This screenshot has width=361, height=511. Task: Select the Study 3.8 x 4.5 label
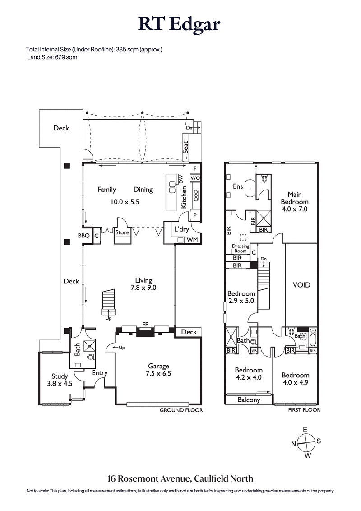click(x=60, y=380)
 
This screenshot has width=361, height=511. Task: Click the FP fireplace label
click(x=145, y=324)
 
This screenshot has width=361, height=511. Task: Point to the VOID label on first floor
click(x=302, y=285)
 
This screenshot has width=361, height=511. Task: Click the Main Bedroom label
click(x=294, y=202)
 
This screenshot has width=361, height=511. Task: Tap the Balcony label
click(x=249, y=400)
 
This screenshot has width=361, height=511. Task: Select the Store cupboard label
click(x=122, y=232)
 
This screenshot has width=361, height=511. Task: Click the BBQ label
click(x=83, y=236)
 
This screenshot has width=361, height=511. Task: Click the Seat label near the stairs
click(x=185, y=147)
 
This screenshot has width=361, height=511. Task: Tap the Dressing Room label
click(x=240, y=248)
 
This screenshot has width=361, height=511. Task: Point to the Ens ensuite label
click(x=237, y=186)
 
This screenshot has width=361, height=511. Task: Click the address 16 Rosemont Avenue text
click(x=180, y=478)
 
